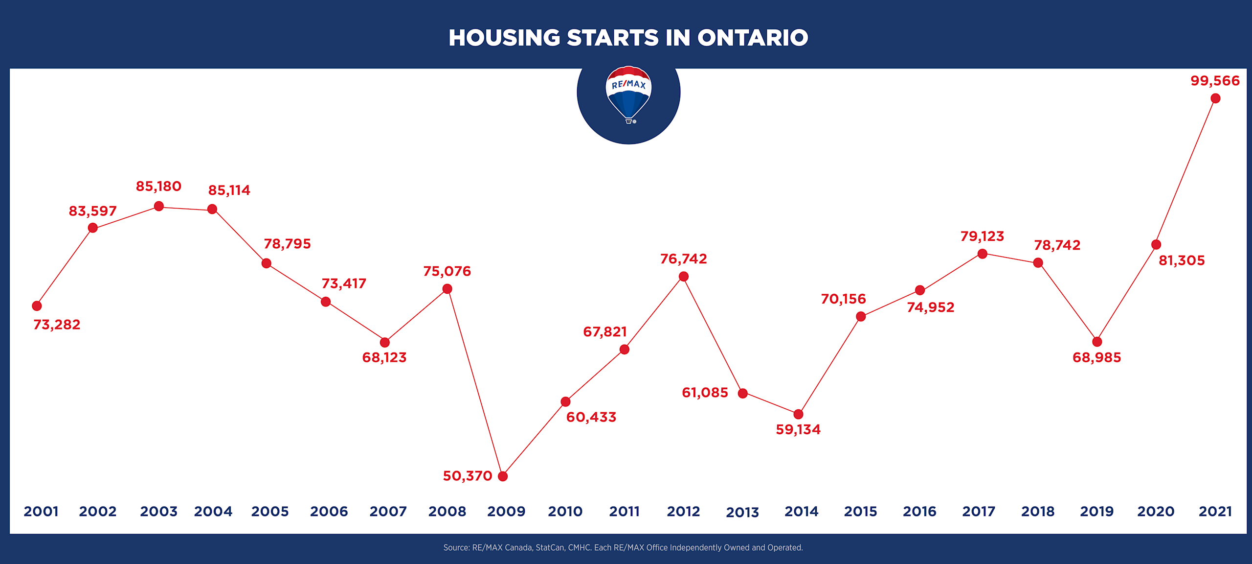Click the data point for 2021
[1215, 98]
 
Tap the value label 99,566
[1215, 81]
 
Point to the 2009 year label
[506, 512]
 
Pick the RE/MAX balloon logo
[628, 94]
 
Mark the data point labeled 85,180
[158, 207]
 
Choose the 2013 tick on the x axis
[742, 512]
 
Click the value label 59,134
[798, 430]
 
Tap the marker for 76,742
[684, 277]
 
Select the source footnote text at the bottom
[623, 547]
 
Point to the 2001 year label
[41, 512]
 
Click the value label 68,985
[1096, 358]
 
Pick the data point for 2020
[1156, 244]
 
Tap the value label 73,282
[57, 325]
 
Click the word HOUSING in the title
[504, 38]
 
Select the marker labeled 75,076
[447, 289]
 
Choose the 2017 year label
[979, 512]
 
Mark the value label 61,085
[705, 393]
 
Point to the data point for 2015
[861, 317]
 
